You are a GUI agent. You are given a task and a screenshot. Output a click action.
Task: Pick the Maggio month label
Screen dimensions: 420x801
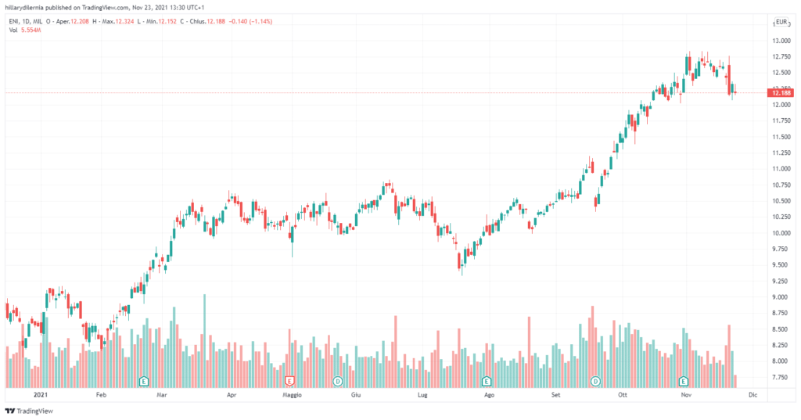(291, 396)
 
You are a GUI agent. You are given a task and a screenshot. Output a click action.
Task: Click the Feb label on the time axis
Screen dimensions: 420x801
(100, 396)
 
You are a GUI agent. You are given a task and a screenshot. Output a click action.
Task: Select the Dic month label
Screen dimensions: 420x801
(753, 396)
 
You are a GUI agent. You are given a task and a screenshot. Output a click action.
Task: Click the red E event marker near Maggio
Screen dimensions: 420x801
(290, 381)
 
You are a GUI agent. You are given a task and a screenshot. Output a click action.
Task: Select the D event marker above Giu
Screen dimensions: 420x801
(338, 381)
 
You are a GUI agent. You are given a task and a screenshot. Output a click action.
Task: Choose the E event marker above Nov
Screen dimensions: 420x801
(684, 381)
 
